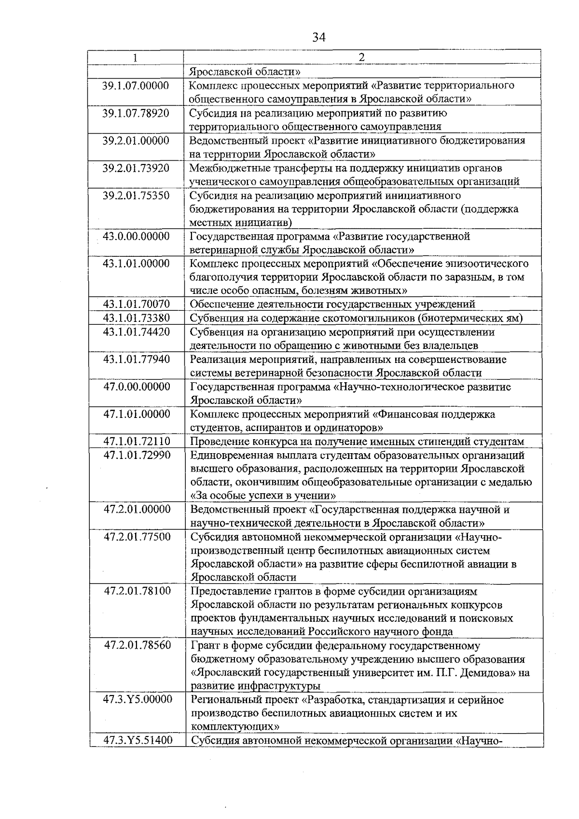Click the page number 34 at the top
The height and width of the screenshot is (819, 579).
(319, 37)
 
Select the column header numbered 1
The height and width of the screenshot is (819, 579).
(136, 57)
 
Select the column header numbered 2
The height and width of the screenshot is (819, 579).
(362, 57)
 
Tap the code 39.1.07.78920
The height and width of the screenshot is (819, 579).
(136, 113)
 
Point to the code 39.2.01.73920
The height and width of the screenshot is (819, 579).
(136, 168)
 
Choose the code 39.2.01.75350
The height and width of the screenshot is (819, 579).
(136, 196)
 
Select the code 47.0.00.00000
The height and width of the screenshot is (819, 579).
(137, 387)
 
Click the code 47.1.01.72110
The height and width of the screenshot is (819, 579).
(137, 442)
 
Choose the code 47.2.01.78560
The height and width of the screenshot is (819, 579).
(138, 645)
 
